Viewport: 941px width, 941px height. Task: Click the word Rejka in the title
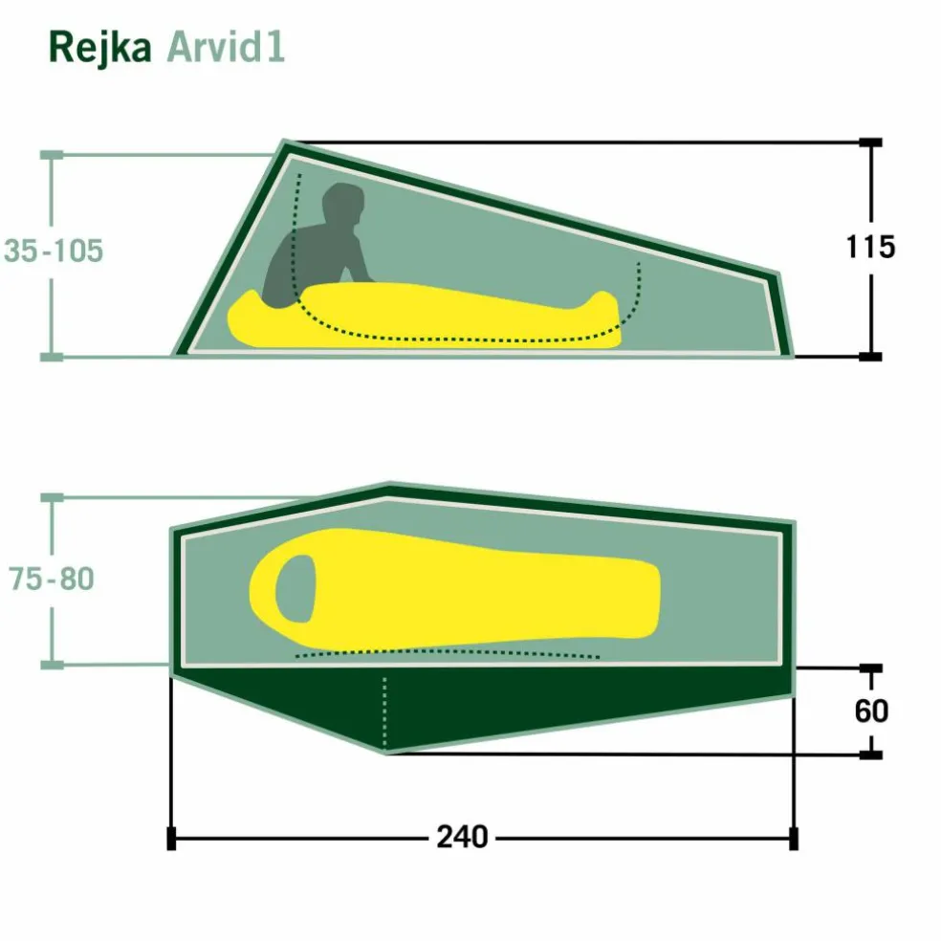[99, 48]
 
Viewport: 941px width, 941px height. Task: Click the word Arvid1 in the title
[226, 47]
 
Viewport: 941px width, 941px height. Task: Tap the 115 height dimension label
[870, 247]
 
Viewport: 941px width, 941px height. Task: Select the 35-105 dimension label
[54, 251]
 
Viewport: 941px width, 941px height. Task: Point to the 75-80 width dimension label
[52, 579]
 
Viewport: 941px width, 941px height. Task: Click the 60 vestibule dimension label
[871, 711]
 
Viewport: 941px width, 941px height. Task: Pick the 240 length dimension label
[462, 837]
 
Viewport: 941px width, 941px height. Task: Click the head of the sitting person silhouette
[343, 203]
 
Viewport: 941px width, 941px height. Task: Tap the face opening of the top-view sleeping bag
[295, 589]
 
